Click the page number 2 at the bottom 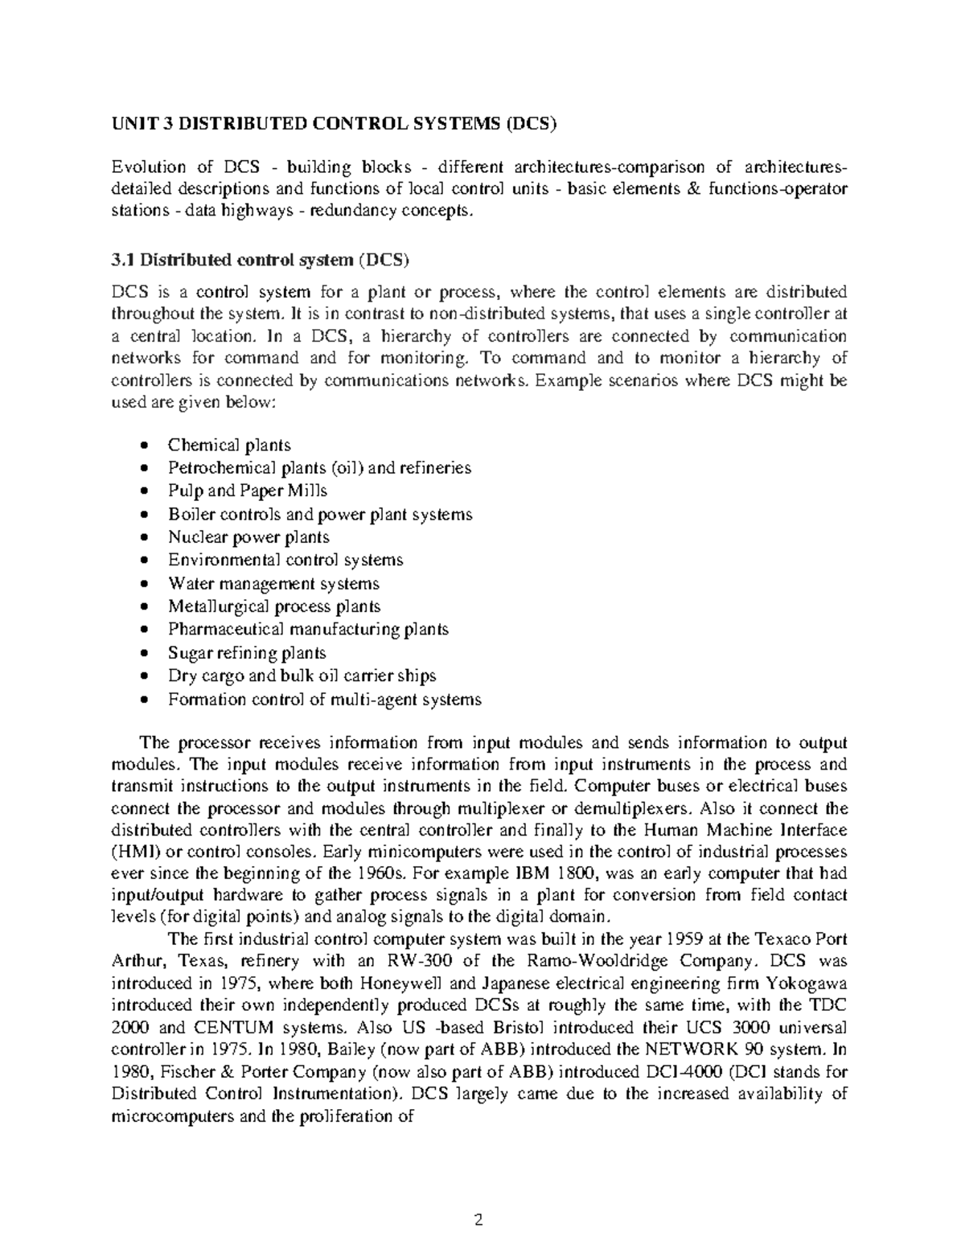(x=479, y=1221)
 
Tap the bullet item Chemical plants (x=229, y=445)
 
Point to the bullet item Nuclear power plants (x=248, y=537)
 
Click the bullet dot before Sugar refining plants (x=144, y=653)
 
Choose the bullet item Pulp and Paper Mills (x=247, y=491)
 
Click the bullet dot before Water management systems (x=144, y=584)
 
